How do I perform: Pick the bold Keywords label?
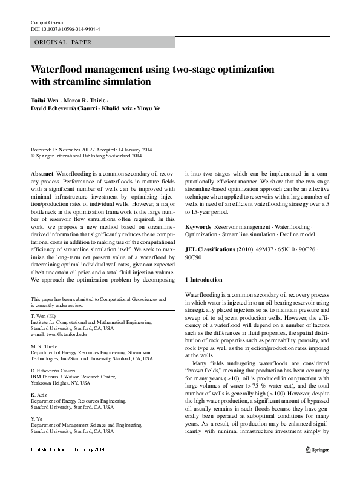pyautogui.click(x=198, y=226)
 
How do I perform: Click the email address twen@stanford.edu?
pyautogui.click(x=59, y=334)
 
